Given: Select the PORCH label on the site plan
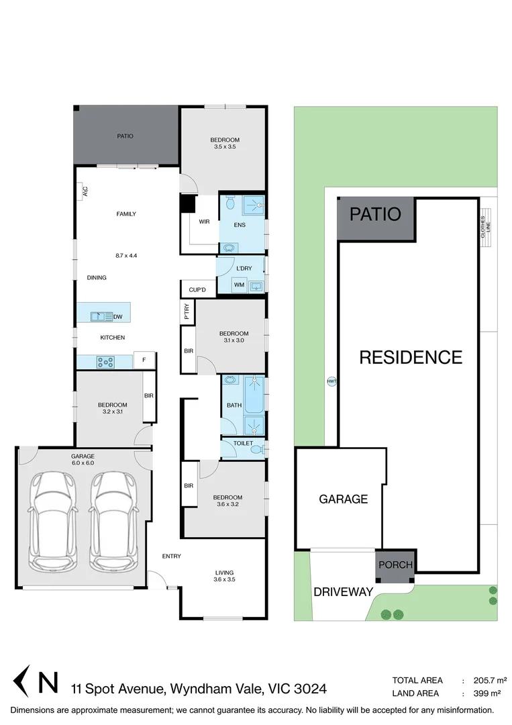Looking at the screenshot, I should click(x=395, y=565).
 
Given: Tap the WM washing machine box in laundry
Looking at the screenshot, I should click(x=239, y=285).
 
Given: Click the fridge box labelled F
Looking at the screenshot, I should click(x=144, y=360).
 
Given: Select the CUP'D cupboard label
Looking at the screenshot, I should click(x=197, y=290).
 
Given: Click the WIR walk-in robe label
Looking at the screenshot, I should click(x=205, y=221).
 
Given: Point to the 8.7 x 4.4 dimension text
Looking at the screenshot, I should click(x=126, y=255).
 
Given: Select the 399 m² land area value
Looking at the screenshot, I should click(x=488, y=693).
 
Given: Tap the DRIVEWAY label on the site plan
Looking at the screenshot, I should click(x=343, y=592).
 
